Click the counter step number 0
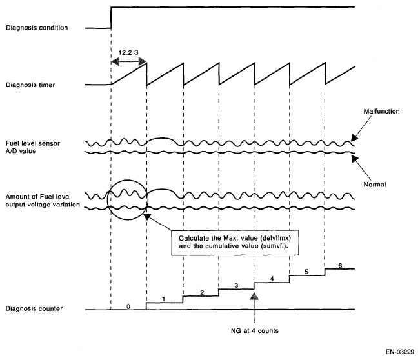(128, 307)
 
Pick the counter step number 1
(164, 299)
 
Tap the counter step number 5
(306, 272)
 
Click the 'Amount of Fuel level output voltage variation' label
(43, 200)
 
